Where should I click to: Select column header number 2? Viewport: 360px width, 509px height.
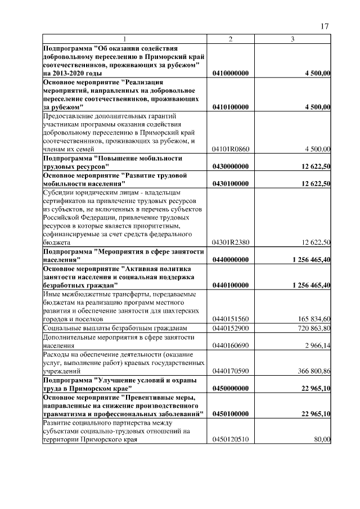click(x=230, y=39)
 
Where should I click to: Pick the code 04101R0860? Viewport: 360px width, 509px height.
click(x=231, y=149)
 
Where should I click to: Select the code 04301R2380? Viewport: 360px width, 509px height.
click(x=231, y=242)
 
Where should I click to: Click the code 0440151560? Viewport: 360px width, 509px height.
click(x=231, y=318)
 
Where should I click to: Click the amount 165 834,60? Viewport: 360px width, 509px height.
click(x=312, y=318)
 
